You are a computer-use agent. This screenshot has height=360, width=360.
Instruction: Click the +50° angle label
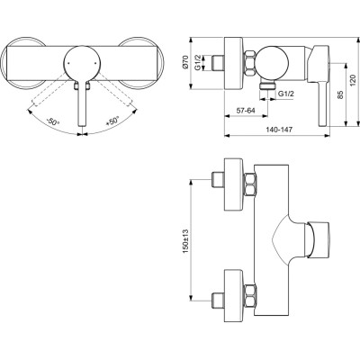coord(112,120)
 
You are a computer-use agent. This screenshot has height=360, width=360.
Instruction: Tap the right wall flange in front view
coord(144,66)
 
